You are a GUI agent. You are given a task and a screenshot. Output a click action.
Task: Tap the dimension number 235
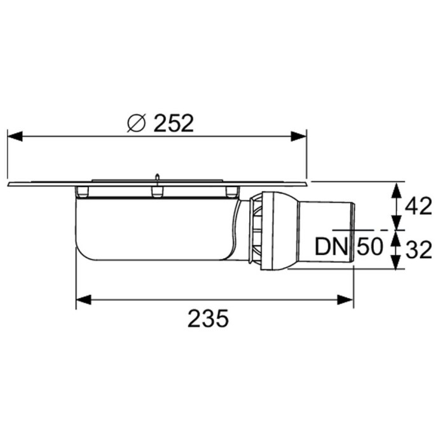click(208, 317)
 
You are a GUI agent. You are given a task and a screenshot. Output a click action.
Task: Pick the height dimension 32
click(419, 249)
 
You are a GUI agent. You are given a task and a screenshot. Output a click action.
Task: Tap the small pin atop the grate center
click(156, 175)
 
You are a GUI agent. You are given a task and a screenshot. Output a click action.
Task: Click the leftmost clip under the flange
click(81, 191)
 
